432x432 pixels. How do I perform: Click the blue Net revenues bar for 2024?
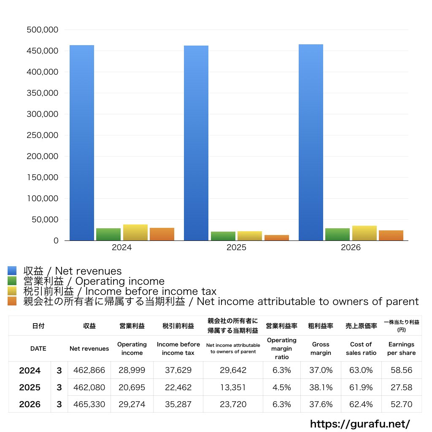click(82, 143)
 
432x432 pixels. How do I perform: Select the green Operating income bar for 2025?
click(223, 236)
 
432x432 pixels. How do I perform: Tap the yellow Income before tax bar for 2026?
click(364, 233)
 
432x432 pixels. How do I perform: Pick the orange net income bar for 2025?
click(277, 238)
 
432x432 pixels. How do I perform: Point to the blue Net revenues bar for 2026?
click(311, 143)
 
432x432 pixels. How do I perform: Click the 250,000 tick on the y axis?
click(43, 135)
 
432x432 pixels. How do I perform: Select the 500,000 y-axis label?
click(43, 30)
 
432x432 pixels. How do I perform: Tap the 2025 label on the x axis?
click(236, 247)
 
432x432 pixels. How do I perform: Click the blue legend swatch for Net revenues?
click(12, 270)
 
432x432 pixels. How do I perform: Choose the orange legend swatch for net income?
click(12, 301)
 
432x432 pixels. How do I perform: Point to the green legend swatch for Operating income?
click(12, 281)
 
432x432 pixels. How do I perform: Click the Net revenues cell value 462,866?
click(89, 370)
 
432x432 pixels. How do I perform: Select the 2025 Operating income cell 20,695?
click(132, 387)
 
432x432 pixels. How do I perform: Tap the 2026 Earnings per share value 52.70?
click(402, 404)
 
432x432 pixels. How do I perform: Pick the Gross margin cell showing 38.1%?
click(321, 387)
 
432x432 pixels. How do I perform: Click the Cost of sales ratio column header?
click(361, 348)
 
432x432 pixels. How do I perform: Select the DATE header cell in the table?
click(38, 348)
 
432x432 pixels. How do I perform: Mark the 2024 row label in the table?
click(30, 370)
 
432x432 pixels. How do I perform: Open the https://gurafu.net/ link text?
click(360, 424)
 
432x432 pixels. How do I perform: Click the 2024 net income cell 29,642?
click(233, 370)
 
